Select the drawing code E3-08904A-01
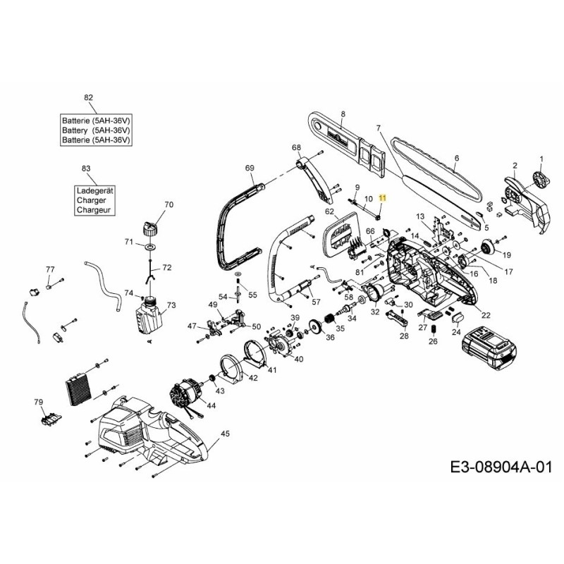[499, 467]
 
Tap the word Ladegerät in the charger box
[94, 191]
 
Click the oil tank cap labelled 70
[149, 227]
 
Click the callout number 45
[225, 434]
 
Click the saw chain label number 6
[456, 159]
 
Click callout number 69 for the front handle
[250, 168]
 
